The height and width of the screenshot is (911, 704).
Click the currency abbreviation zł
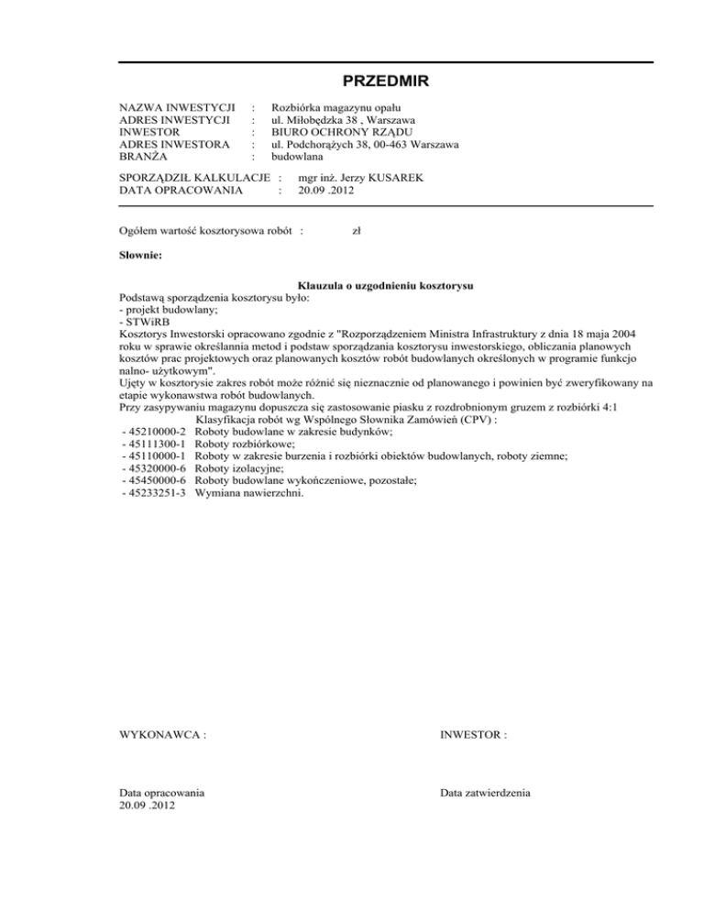(x=357, y=232)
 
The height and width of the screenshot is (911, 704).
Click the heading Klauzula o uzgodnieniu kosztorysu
(x=385, y=287)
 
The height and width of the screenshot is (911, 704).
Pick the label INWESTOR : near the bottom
(x=473, y=735)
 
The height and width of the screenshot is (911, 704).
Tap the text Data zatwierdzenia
(x=485, y=793)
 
